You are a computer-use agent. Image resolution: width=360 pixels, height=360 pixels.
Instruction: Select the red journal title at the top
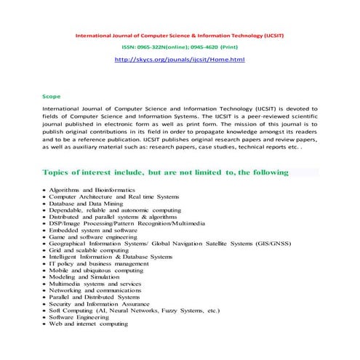click(x=180, y=34)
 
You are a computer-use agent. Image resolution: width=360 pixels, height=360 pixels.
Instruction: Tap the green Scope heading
click(x=52, y=96)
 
